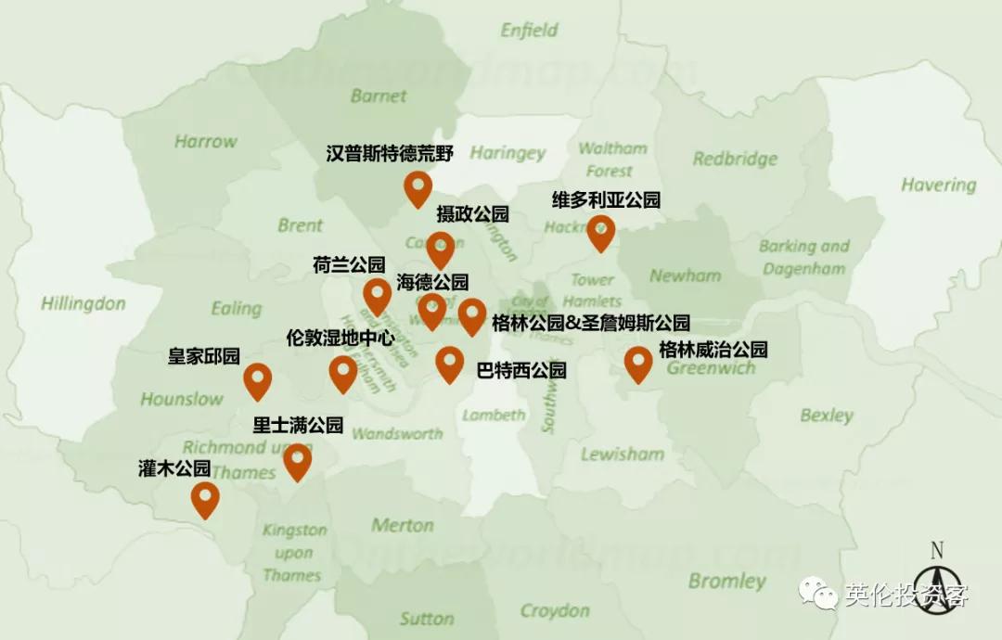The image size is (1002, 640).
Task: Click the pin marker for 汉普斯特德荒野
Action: tap(417, 188)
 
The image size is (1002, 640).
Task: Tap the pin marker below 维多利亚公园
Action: tap(600, 233)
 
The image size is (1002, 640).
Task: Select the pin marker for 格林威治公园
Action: tap(637, 364)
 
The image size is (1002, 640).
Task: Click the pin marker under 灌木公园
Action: tap(205, 499)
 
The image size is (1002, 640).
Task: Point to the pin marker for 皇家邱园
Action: tap(257, 380)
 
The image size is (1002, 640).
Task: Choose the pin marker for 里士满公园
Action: tap(297, 462)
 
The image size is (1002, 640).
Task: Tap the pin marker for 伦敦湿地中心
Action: tap(342, 373)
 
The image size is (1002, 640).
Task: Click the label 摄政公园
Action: tap(473, 214)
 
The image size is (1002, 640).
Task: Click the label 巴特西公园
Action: tap(521, 370)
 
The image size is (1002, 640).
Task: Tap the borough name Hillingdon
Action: tap(83, 303)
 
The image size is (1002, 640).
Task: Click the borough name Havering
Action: tap(938, 185)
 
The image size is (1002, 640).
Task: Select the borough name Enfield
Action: tap(530, 31)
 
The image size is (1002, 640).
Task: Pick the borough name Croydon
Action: tap(555, 610)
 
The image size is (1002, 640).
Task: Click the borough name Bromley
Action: tap(727, 582)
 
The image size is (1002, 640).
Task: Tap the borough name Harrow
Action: tap(205, 142)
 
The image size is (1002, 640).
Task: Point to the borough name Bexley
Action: tap(826, 415)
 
